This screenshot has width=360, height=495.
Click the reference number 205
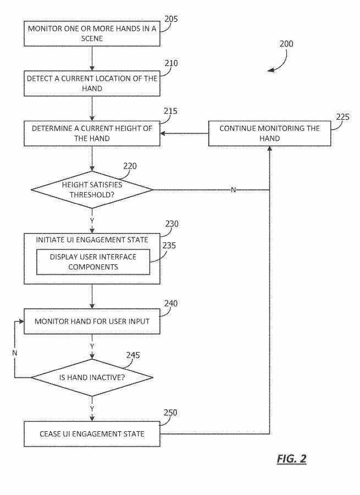(171, 19)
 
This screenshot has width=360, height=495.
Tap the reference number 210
(171, 63)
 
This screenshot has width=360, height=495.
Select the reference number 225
(342, 116)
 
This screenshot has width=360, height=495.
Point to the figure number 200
(286, 44)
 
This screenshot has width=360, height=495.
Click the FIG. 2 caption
(291, 459)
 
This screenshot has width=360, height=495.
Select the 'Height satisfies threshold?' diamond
(92, 190)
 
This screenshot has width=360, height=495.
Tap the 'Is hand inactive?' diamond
(92, 377)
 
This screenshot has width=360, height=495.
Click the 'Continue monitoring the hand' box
(269, 134)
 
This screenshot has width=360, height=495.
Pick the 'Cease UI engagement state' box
(92, 434)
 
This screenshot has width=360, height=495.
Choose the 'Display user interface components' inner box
(93, 262)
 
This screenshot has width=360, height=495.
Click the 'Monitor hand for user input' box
(92, 321)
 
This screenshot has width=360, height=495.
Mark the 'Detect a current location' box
(92, 84)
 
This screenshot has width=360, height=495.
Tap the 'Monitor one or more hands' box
(92, 34)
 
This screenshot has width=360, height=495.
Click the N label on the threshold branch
(233, 190)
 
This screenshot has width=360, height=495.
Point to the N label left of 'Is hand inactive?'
(15, 352)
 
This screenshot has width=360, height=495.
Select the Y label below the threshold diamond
(92, 220)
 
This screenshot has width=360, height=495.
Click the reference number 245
(133, 355)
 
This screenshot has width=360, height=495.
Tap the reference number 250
(171, 413)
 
